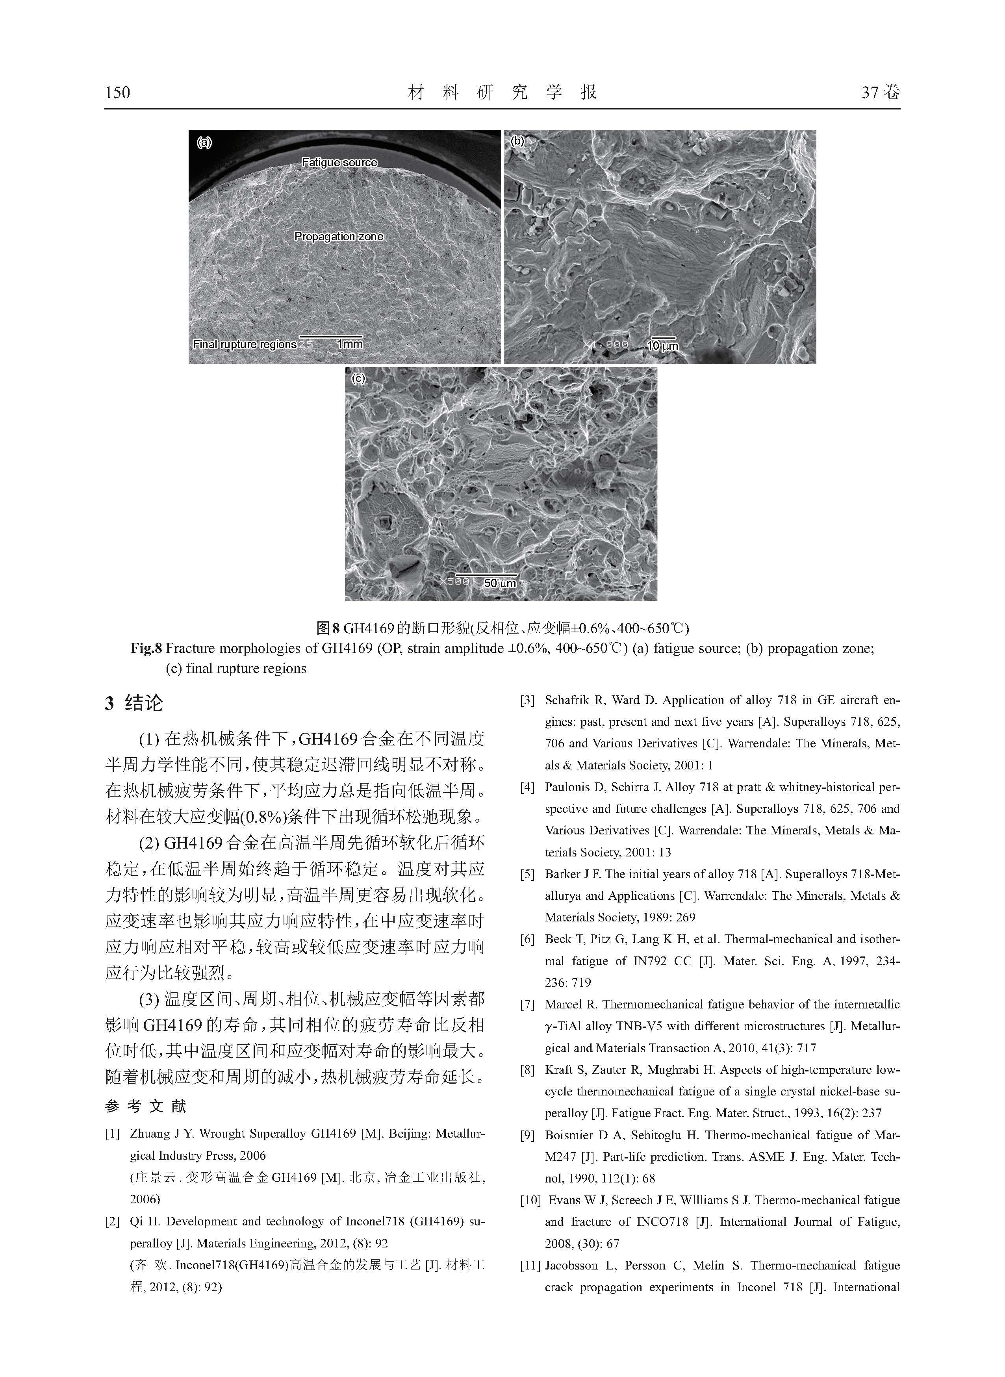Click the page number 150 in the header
[x=117, y=93]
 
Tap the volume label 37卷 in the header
[x=880, y=93]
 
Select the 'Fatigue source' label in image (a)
[x=339, y=162]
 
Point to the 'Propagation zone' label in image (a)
[x=339, y=237]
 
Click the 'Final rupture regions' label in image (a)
[x=245, y=344]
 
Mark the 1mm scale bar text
[x=350, y=344]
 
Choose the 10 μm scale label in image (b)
[x=662, y=346]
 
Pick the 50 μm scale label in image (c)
[x=500, y=583]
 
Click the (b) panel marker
[x=517, y=141]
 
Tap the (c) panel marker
[x=358, y=378]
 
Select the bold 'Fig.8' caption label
[x=146, y=649]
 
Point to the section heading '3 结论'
[x=134, y=703]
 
